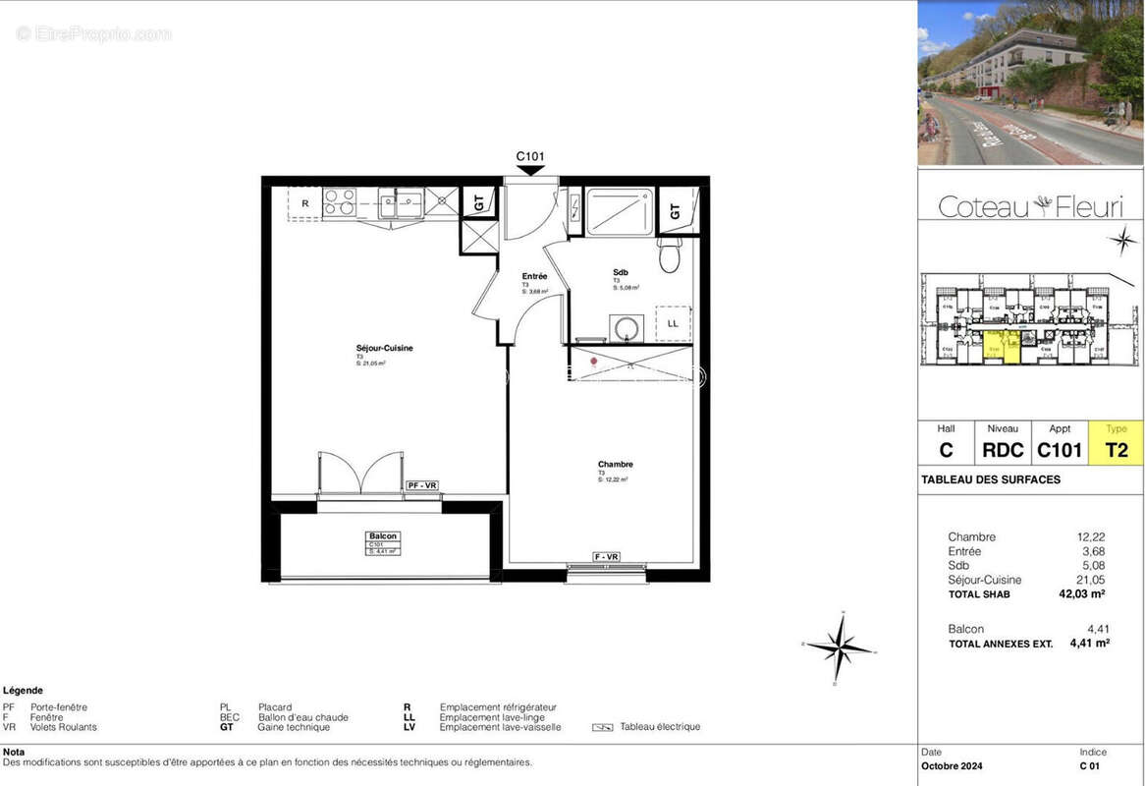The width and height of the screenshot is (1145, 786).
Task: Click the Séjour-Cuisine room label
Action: [x=384, y=349]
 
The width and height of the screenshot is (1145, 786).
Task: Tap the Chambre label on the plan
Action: [x=615, y=465]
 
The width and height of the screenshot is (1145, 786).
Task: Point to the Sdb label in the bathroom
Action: [x=621, y=273]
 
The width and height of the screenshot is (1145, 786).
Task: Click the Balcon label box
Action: [x=383, y=542]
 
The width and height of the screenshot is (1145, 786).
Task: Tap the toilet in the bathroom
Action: [x=670, y=255]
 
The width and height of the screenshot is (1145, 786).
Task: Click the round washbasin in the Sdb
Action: [x=622, y=327]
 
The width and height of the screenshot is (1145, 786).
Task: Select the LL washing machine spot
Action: [x=673, y=323]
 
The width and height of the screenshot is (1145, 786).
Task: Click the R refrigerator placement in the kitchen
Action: [x=305, y=203]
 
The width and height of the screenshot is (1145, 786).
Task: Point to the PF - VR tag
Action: [x=422, y=485]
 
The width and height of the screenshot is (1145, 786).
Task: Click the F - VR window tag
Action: [x=607, y=558]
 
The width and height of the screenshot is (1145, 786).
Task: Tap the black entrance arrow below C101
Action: [x=530, y=170]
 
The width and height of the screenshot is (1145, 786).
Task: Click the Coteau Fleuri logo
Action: [x=1030, y=206]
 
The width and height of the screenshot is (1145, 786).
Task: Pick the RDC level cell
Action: [x=1003, y=450]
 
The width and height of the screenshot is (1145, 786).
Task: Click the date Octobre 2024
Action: [x=952, y=766]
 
